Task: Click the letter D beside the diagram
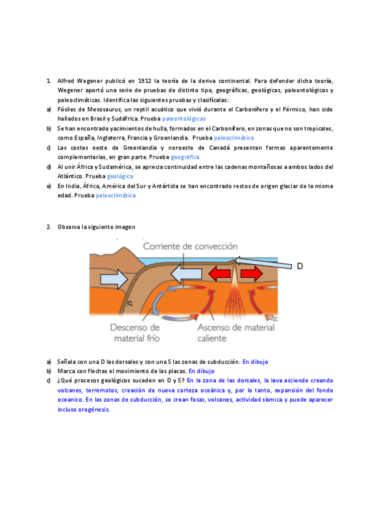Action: point(300,266)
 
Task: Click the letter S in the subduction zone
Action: point(130,304)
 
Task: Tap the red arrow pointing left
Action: point(218,272)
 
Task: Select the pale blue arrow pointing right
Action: point(113,280)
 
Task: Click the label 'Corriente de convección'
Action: point(190,246)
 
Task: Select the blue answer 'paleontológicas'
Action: point(184,118)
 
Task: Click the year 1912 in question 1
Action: point(144,80)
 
